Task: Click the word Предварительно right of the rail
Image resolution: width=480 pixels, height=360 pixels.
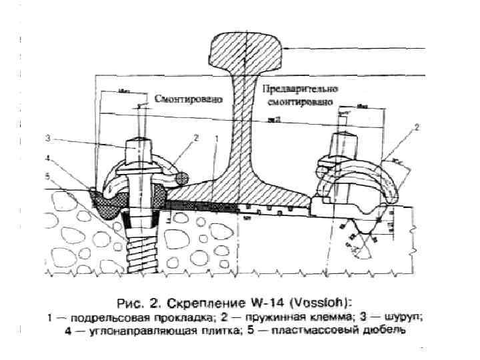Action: [301, 89]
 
